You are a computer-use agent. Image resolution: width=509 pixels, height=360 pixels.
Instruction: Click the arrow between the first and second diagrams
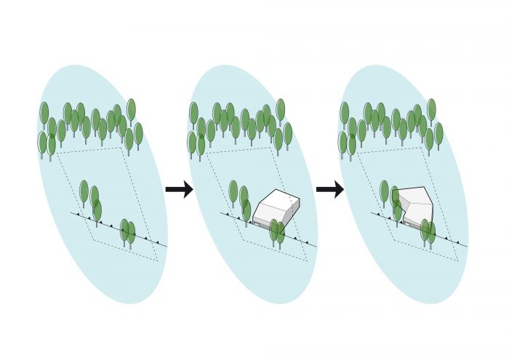(x=179, y=190)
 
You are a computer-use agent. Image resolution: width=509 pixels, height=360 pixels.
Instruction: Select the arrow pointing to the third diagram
(x=329, y=190)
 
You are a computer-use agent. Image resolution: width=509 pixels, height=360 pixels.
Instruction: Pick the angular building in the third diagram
(x=414, y=207)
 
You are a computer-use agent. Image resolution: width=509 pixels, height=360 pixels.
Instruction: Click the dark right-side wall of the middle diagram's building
(x=290, y=212)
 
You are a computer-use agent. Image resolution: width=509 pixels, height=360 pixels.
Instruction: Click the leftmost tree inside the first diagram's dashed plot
(x=84, y=191)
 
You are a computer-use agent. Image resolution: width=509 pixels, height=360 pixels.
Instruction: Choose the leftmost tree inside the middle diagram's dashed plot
(x=233, y=191)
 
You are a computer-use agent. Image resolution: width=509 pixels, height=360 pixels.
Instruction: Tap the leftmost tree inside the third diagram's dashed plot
(x=384, y=191)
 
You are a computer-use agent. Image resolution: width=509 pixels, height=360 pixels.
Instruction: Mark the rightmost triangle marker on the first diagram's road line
(x=157, y=241)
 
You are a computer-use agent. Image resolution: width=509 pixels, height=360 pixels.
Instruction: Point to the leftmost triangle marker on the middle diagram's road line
(x=229, y=215)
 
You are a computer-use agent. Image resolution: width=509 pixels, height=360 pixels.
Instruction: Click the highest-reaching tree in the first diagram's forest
(x=131, y=109)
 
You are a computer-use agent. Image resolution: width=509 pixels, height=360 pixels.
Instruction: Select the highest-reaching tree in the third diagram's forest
(x=431, y=109)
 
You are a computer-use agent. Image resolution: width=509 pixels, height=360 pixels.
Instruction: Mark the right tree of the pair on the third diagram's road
(x=431, y=232)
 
